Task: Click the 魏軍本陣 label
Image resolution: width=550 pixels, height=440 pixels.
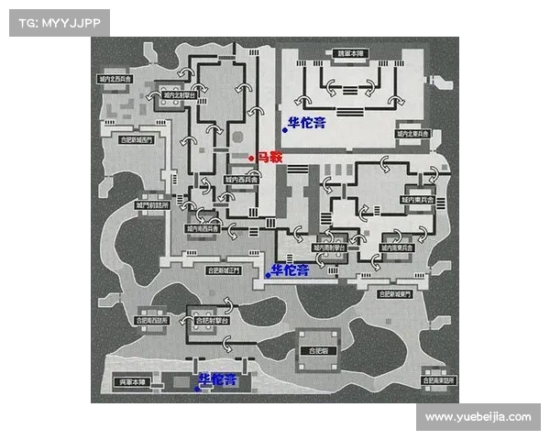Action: coord(349,54)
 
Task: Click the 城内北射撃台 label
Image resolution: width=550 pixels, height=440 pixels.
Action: coord(178,94)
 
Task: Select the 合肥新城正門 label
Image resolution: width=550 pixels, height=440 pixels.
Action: coord(222,271)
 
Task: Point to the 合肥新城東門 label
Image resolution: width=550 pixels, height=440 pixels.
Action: coord(397,294)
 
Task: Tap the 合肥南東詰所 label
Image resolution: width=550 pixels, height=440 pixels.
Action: coord(439,379)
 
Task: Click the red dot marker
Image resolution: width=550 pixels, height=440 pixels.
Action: coord(251,158)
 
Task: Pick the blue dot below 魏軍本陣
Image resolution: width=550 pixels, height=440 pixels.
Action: coord(285,130)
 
